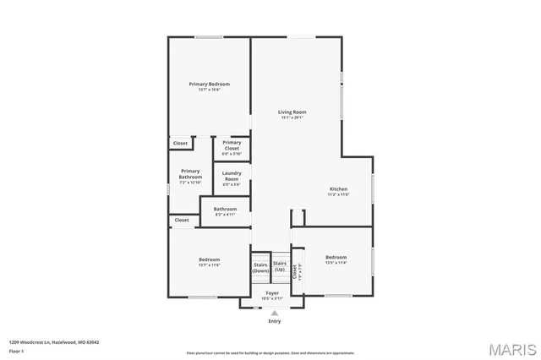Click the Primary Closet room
pos(232,148)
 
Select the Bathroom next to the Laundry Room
pos(225,210)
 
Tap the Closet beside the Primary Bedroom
pos(180,144)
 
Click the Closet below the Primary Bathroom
pos(181,221)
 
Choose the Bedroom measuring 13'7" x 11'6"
pos(209,262)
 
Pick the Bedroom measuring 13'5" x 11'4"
pos(336,259)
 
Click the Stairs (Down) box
pos(260,267)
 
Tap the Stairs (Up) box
pos(279,267)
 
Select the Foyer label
pos(272,296)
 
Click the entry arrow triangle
pos(274,313)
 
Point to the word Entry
pos(274,321)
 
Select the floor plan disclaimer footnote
pos(270,352)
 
